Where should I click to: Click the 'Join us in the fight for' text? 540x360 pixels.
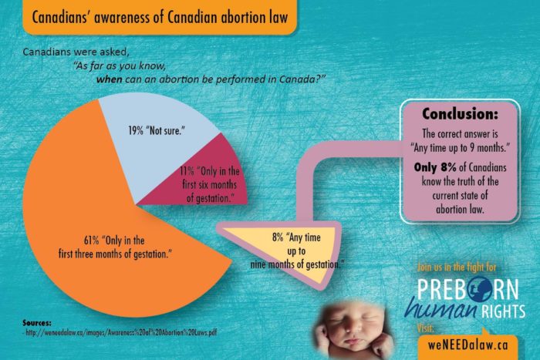pos(467,267)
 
